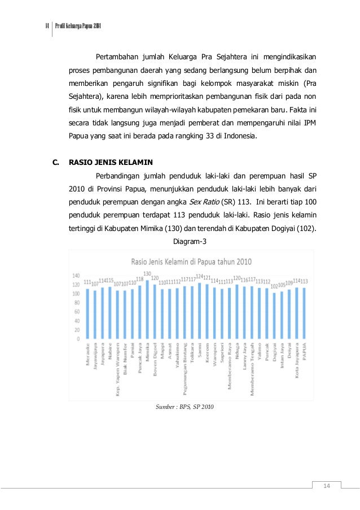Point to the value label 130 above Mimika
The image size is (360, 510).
point(147,273)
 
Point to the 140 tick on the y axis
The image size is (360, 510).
point(76,275)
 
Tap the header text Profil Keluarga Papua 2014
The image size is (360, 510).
point(78,28)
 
